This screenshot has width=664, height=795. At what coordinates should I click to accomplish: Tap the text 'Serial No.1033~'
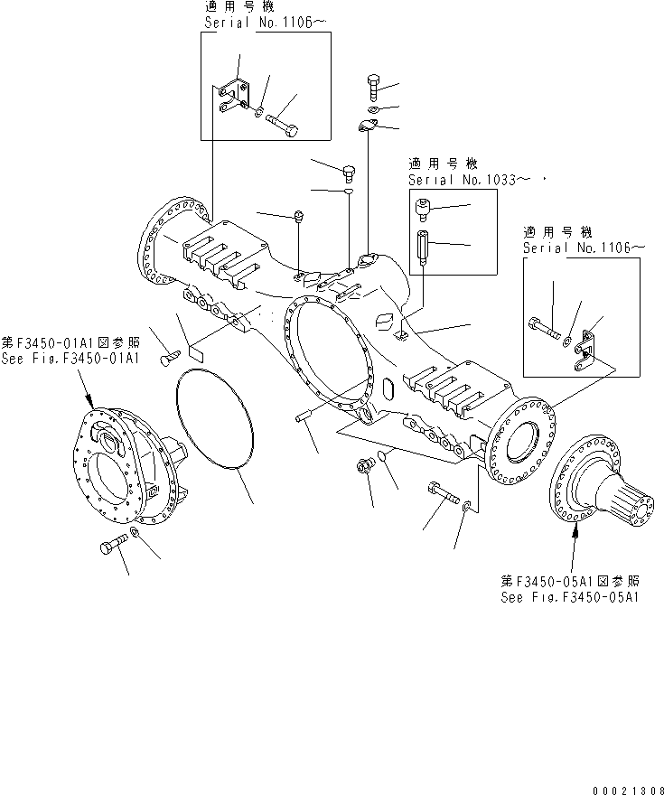[462, 180]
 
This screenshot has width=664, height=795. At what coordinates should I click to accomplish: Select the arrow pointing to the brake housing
[89, 389]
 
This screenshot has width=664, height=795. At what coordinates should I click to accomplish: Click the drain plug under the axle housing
[365, 467]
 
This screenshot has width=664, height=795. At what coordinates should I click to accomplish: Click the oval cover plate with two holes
[367, 127]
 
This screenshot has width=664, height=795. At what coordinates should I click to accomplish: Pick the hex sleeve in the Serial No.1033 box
[423, 245]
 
